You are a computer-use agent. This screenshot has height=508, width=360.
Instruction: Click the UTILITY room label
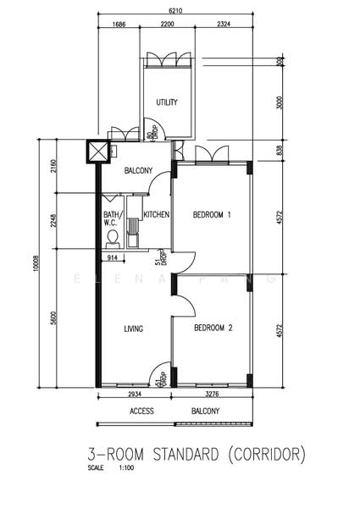(x=167, y=102)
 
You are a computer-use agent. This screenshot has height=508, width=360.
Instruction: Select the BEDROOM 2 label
(x=211, y=328)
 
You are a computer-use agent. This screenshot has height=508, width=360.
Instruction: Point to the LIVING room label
(x=133, y=329)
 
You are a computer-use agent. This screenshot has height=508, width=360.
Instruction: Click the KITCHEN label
(x=157, y=215)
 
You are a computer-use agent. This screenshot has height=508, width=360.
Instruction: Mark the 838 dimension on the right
(x=280, y=150)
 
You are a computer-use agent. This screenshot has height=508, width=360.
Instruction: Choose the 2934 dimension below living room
(x=134, y=395)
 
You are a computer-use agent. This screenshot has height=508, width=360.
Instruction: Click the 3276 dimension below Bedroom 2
(x=213, y=395)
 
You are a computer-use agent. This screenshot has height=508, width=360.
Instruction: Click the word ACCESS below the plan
(x=141, y=411)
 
